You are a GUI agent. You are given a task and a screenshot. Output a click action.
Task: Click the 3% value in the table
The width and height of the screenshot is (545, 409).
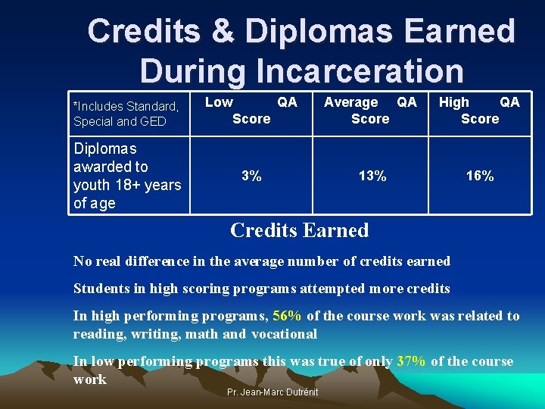click(251, 176)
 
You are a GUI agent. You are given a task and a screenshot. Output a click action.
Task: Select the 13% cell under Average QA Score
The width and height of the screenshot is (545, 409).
click(372, 176)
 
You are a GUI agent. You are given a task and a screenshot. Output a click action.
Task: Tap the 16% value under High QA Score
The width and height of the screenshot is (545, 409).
click(480, 176)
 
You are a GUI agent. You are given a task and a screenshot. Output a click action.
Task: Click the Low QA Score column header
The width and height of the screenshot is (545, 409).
click(251, 111)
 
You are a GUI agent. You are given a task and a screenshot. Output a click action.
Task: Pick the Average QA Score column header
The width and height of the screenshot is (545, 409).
click(370, 111)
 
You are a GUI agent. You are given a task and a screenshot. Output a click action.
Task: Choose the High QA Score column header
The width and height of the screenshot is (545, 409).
click(479, 111)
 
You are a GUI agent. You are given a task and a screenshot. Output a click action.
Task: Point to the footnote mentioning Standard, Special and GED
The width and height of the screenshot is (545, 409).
click(126, 114)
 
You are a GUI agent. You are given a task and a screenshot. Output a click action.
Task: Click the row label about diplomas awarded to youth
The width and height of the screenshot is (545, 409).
click(126, 176)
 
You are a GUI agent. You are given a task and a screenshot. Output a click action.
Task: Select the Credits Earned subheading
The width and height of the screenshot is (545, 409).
click(299, 230)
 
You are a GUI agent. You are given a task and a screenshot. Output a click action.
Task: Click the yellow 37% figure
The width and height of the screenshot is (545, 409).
click(411, 362)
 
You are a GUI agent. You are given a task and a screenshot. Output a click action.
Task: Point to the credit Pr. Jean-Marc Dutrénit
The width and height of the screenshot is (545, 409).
click(272, 392)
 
